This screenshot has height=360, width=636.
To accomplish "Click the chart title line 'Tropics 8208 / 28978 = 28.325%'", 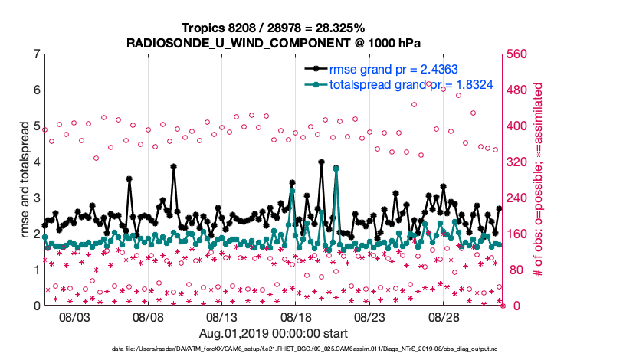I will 273,28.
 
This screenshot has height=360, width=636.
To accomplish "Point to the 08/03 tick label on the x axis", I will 74,316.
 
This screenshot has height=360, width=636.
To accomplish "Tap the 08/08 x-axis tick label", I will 149,316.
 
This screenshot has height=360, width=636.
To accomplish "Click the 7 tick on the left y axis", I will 37,54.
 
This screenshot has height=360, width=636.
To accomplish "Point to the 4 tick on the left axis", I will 37,162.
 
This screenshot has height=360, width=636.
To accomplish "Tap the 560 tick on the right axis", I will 517,54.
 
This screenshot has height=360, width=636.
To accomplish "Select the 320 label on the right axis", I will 517,162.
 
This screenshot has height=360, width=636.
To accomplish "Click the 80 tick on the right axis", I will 514,270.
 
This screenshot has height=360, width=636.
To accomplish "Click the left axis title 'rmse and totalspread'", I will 25,179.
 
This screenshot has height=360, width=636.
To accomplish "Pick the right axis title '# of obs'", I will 539,179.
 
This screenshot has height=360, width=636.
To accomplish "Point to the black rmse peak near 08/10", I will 174,166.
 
